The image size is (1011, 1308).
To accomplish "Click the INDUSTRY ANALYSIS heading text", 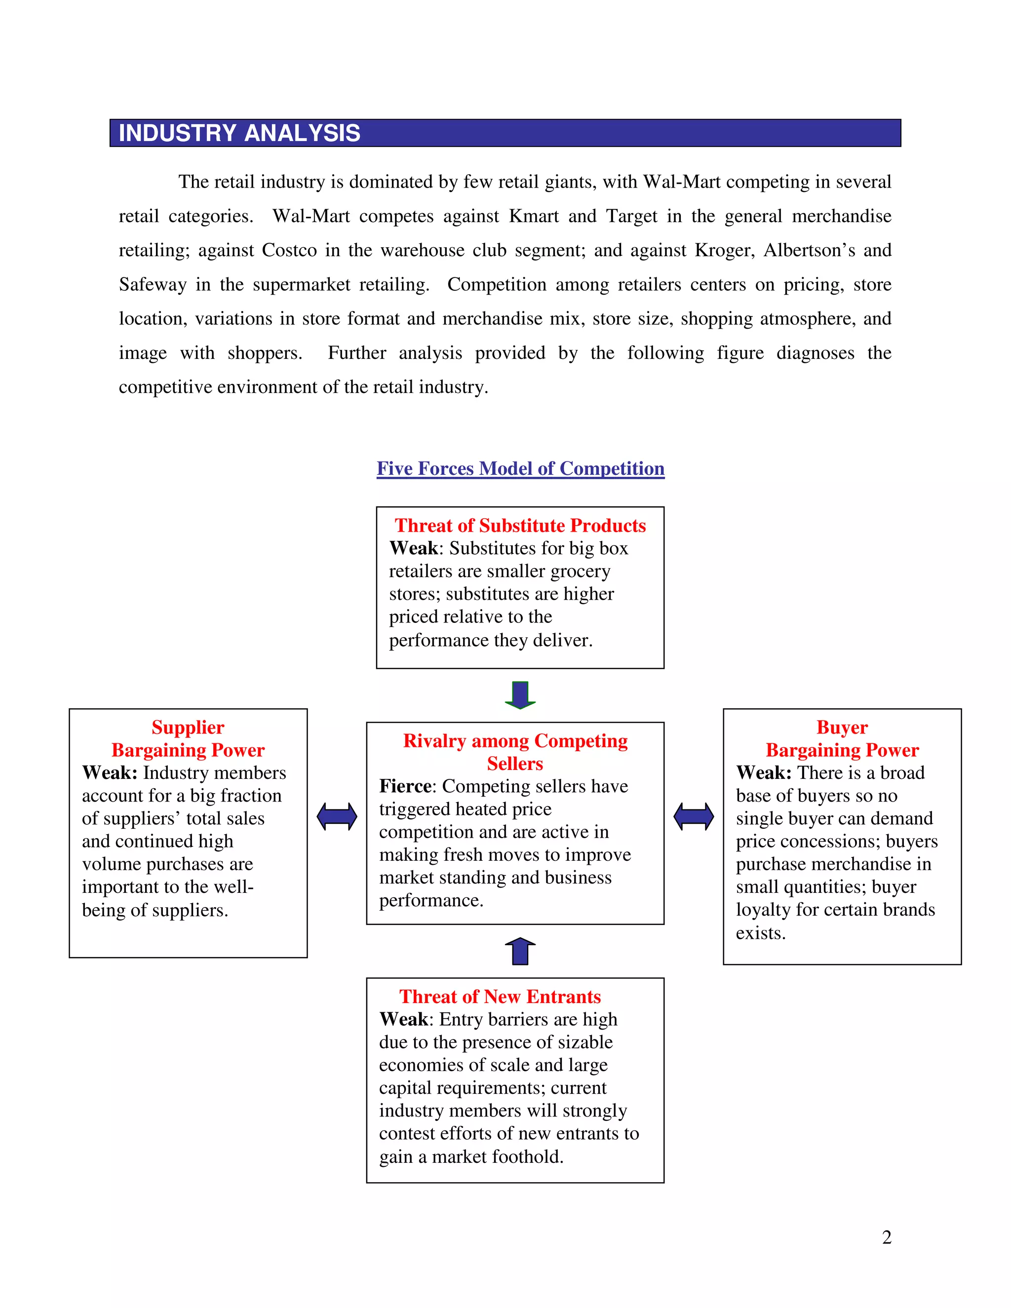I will [239, 133].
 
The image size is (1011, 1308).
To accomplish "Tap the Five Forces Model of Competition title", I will [520, 468].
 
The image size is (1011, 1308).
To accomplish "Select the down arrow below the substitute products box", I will [520, 695].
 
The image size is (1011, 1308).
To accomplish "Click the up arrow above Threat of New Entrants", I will [520, 951].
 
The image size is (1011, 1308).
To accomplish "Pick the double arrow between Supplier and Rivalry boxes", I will [337, 816].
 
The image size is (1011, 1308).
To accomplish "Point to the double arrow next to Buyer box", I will [693, 816].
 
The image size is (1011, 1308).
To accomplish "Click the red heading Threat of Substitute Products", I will [520, 525].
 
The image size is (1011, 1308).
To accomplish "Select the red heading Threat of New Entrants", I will [500, 996].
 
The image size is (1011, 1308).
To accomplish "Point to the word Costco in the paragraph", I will [289, 250].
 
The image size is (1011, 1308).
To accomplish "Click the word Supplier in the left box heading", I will [188, 727].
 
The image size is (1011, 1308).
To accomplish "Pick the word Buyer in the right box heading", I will [842, 727].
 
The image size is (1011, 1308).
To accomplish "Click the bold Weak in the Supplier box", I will [109, 772].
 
